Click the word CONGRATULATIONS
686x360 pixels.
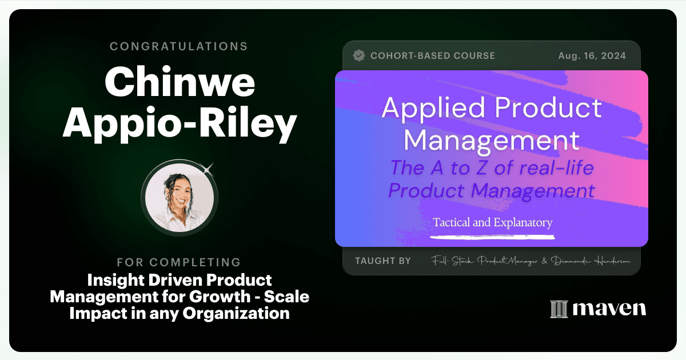click(x=179, y=46)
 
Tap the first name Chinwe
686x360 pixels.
click(x=180, y=82)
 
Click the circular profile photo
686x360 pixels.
click(x=180, y=198)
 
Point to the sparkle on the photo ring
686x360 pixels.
click(x=208, y=169)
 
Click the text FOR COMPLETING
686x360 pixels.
click(x=179, y=262)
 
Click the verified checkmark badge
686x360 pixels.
click(x=359, y=56)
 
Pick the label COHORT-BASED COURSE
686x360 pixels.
click(x=433, y=56)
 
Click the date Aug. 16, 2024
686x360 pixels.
click(x=592, y=56)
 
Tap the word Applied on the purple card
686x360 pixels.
click(x=433, y=109)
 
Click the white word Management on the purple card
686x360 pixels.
click(x=492, y=140)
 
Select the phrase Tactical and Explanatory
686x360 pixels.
click(x=492, y=222)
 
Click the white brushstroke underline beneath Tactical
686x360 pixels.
click(x=492, y=237)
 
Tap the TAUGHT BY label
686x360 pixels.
click(x=383, y=261)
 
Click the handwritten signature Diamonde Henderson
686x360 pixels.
click(x=591, y=261)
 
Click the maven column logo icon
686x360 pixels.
click(x=559, y=309)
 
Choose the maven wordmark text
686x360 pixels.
click(x=609, y=309)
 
